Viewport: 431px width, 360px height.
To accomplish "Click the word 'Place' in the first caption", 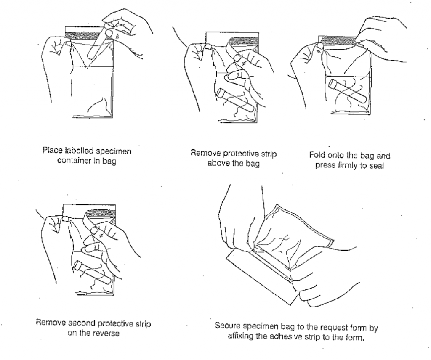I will (x=51, y=150).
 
